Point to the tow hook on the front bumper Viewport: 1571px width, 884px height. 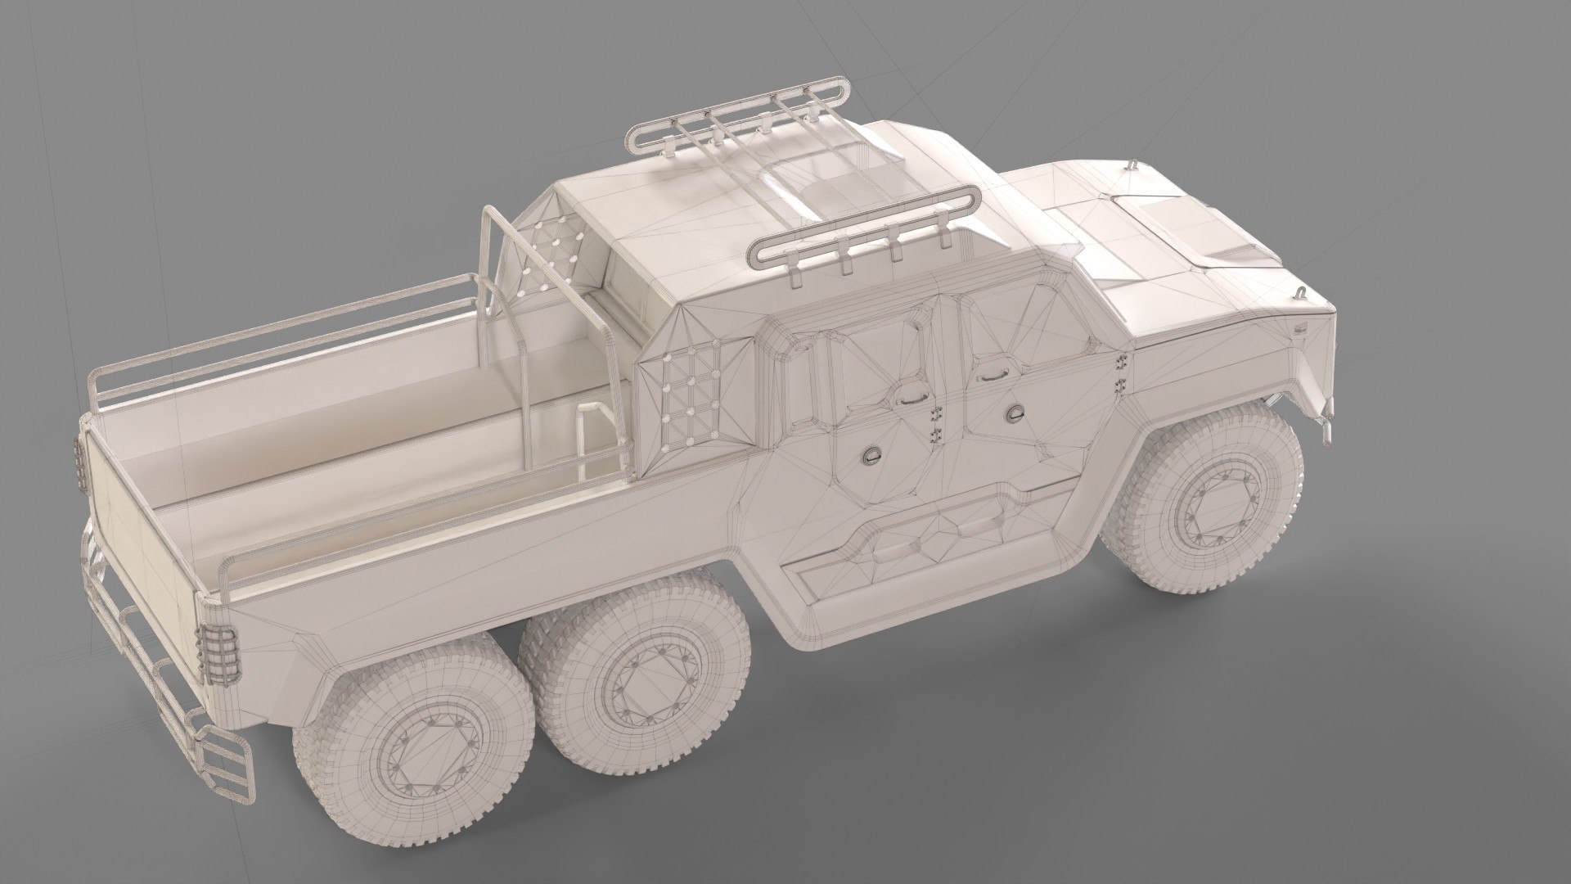(x=1326, y=418)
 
